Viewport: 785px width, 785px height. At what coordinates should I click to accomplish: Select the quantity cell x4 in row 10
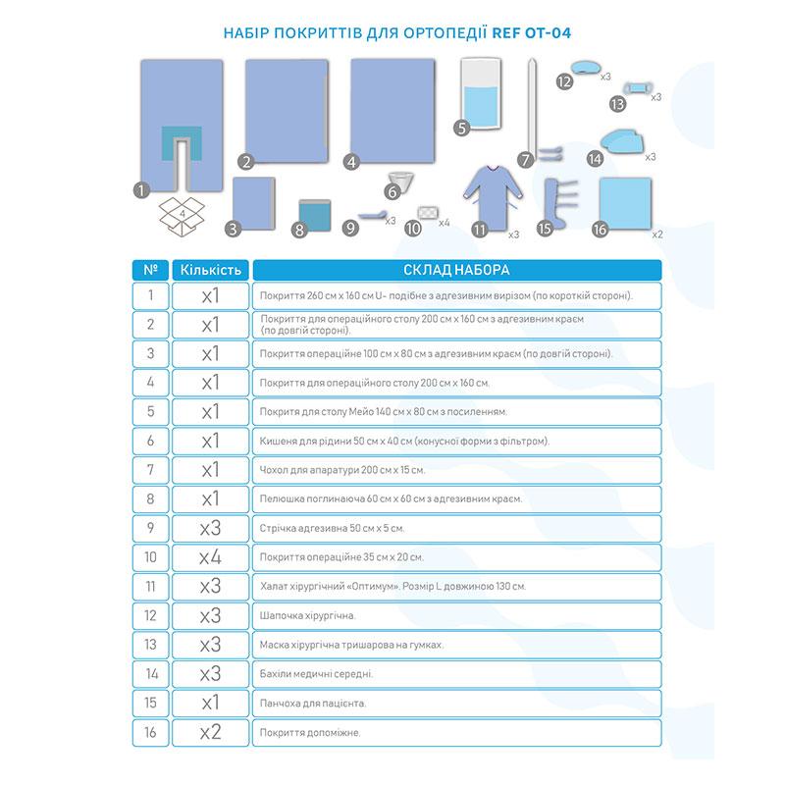(x=209, y=557)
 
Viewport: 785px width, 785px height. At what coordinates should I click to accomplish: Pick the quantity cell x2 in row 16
(x=209, y=733)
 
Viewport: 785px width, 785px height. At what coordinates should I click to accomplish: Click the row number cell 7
(x=149, y=470)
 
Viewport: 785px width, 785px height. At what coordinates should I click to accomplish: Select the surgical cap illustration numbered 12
(x=586, y=67)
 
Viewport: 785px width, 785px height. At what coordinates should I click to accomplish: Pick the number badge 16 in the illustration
(x=602, y=230)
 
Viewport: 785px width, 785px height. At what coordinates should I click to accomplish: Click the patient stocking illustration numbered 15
(x=556, y=204)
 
